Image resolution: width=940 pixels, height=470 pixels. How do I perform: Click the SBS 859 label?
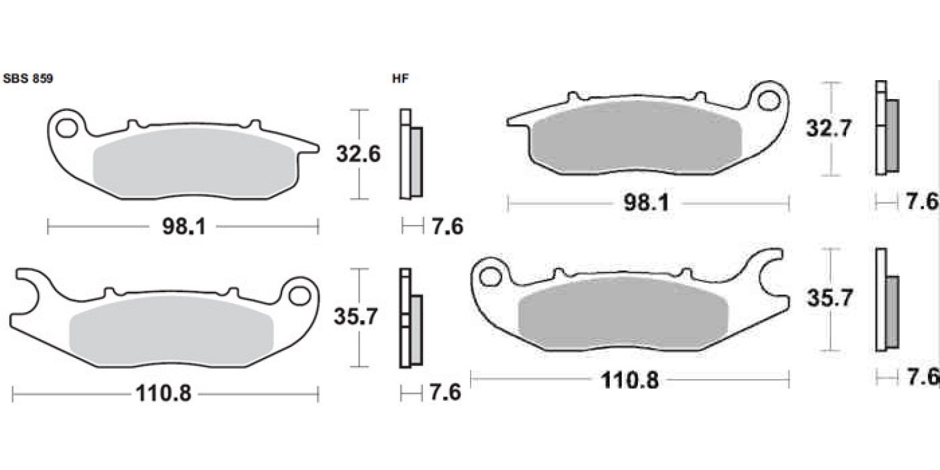click(28, 79)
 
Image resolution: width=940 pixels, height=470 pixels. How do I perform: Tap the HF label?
click(400, 79)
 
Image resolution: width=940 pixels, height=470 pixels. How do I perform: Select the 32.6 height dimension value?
click(358, 154)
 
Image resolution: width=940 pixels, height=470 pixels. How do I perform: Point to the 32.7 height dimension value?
click(828, 128)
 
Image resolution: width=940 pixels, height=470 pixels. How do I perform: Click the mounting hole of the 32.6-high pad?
click(66, 128)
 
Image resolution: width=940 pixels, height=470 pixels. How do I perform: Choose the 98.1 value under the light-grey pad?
click(184, 227)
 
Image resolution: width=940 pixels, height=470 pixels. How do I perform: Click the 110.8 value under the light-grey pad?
click(163, 394)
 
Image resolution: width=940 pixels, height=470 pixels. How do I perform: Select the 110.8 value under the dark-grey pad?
click(630, 380)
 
